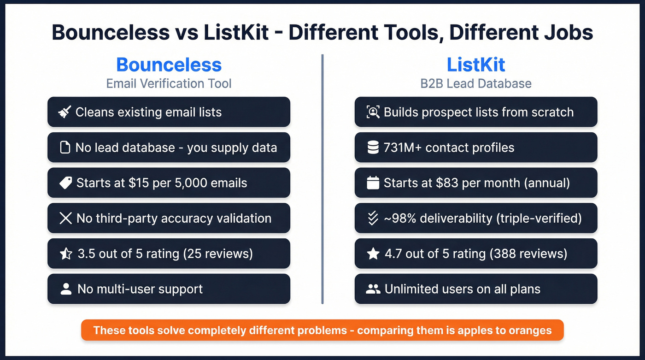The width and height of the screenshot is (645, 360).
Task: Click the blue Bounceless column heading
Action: tap(169, 65)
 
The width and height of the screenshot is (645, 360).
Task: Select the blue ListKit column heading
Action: tap(476, 65)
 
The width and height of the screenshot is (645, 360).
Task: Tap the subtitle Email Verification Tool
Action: tap(169, 83)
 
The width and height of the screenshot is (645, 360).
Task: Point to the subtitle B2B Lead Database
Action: tap(476, 83)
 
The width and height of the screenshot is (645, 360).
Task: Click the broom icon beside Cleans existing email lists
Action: tap(64, 112)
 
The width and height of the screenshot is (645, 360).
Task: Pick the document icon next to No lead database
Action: tap(65, 148)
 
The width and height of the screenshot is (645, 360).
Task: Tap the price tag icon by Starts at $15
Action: tap(65, 183)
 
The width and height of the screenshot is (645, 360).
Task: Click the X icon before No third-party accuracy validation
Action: tap(65, 218)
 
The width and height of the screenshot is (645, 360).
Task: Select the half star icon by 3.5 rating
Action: tap(66, 254)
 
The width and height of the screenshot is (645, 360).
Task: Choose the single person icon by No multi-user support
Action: tap(66, 289)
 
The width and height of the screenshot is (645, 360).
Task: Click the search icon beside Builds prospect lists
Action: tap(373, 112)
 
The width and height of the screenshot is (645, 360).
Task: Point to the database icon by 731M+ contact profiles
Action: tap(373, 148)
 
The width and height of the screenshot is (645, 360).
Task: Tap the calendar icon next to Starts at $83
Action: tap(373, 183)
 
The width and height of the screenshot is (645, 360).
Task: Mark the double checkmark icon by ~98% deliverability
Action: tap(373, 218)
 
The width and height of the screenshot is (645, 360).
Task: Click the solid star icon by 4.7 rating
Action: tap(373, 254)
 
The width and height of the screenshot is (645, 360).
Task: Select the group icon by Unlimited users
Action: tap(373, 289)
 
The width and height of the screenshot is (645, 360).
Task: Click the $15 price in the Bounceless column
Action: tap(138, 183)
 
